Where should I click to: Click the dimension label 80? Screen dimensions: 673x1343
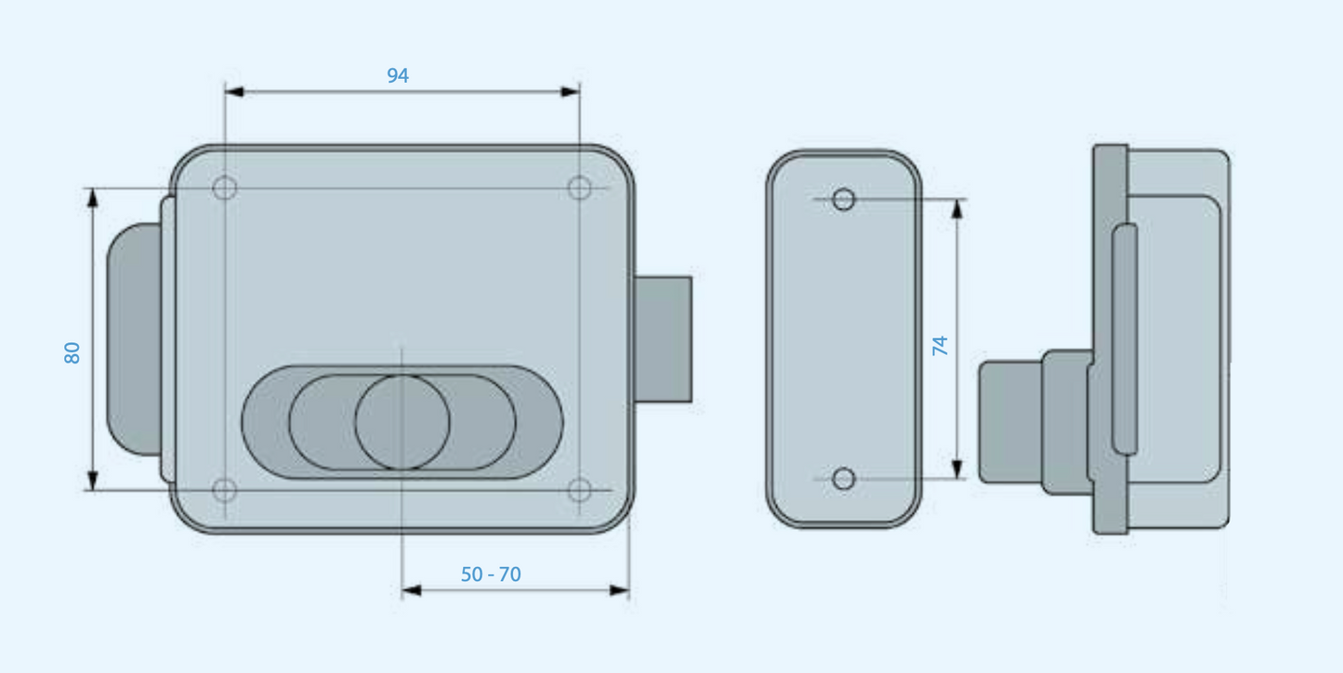72,352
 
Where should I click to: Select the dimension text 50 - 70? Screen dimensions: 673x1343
491,574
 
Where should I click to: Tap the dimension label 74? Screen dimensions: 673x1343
941,346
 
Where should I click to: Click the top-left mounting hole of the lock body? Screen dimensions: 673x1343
225,189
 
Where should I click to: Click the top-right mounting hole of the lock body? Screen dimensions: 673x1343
579,189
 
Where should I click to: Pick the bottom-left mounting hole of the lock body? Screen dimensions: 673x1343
225,490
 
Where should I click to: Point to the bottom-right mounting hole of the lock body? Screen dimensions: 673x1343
579,490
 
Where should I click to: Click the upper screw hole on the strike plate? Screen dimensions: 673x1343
843,199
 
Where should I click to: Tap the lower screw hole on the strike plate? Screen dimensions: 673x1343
843,479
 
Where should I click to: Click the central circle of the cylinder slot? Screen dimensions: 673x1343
402,422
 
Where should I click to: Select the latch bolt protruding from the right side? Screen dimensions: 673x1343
664,339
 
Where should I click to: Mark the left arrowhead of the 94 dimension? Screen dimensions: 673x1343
234,92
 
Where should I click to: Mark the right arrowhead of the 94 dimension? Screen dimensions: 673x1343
571,92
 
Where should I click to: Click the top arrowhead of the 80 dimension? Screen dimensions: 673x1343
92,197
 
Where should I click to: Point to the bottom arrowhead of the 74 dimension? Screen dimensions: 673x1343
957,469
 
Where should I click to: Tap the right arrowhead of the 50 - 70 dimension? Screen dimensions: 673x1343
620,590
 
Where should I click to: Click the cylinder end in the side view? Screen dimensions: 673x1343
1009,422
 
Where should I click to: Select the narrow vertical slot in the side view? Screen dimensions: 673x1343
1125,339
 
